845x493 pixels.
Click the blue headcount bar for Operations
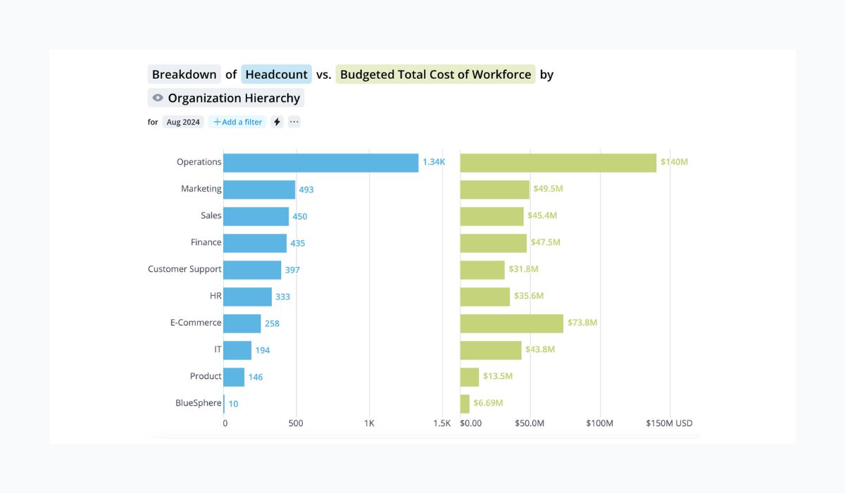click(321, 163)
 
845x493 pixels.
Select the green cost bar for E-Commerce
click(512, 323)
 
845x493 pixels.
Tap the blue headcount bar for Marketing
click(259, 189)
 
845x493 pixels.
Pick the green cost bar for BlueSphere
click(465, 404)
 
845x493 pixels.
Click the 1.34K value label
click(434, 162)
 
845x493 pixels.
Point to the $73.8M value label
click(582, 323)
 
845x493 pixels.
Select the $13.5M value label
click(498, 376)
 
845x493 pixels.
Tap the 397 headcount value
click(293, 270)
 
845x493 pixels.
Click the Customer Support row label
click(184, 269)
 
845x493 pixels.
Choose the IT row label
click(218, 349)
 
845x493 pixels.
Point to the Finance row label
click(206, 242)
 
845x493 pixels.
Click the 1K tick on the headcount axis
click(369, 423)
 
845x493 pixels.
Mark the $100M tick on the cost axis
click(600, 423)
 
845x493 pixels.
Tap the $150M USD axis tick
click(669, 423)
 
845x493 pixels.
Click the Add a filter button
click(238, 122)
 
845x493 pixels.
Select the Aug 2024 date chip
click(183, 122)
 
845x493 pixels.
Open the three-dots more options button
click(294, 122)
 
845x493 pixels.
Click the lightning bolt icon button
click(277, 122)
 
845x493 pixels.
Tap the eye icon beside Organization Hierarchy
click(158, 98)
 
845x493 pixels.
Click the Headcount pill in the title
click(276, 74)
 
